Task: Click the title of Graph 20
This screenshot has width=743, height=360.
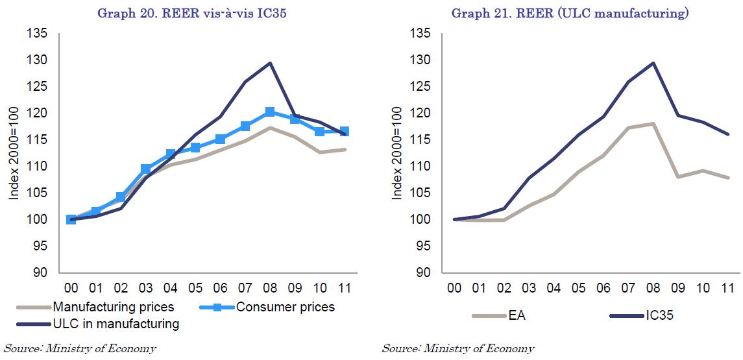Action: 191,13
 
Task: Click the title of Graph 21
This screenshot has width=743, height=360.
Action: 570,13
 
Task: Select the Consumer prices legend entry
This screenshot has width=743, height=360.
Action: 284,306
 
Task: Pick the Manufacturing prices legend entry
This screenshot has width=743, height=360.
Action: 114,306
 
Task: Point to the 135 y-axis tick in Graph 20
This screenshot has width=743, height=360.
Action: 38,34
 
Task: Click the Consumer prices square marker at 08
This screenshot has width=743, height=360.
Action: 270,112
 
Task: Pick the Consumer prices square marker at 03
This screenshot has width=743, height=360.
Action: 145,169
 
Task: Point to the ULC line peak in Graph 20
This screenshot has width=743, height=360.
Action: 270,63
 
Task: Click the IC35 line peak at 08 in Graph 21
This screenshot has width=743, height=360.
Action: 653,63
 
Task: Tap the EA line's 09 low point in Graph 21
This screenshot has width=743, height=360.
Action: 678,176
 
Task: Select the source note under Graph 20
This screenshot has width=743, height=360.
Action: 80,349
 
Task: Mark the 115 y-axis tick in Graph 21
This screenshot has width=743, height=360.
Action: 419,140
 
